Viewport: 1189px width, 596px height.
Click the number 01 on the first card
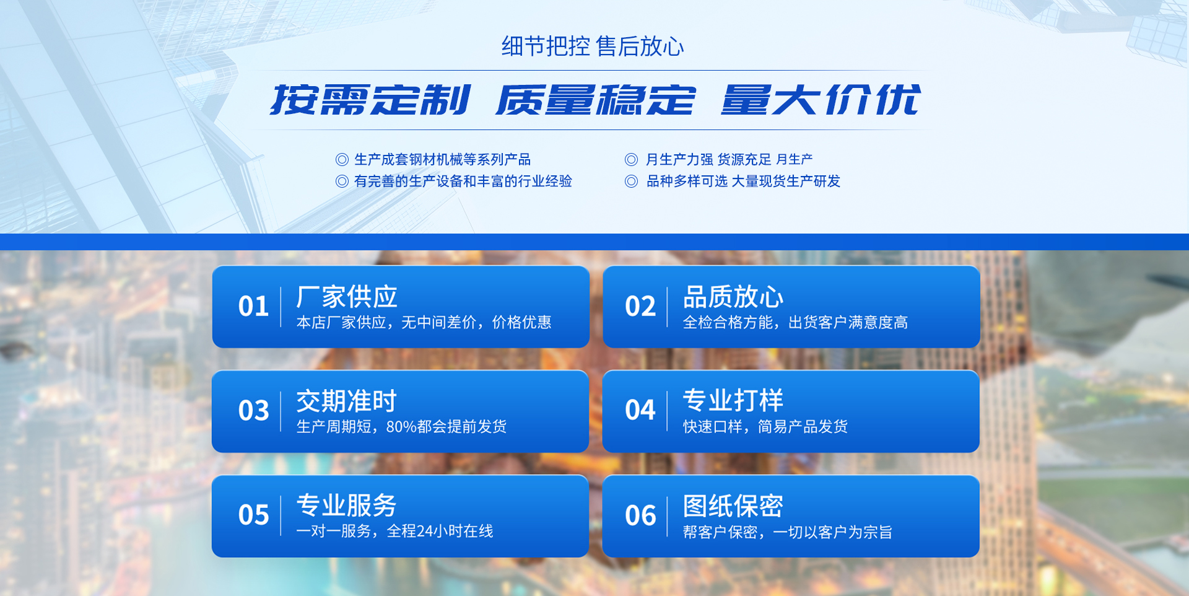coord(253,306)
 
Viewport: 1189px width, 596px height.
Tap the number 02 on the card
coord(640,306)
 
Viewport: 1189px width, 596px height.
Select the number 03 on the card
coord(253,410)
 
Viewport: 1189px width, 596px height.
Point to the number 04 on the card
coord(640,410)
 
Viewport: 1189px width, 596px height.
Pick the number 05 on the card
coord(253,515)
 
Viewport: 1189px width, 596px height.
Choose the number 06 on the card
coord(640,515)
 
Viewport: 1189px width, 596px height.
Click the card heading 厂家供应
coord(347,297)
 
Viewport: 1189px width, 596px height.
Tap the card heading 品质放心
coord(733,297)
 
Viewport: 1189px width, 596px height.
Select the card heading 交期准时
coord(347,401)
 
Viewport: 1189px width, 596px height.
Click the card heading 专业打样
coord(733,400)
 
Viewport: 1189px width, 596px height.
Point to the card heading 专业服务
coord(347,506)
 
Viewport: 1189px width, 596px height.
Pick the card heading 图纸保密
coord(733,506)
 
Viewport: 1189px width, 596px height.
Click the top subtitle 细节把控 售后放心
coord(593,46)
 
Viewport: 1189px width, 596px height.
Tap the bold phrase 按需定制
coord(370,100)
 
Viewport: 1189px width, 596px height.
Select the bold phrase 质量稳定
coord(596,100)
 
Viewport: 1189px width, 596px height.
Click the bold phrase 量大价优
coord(821,100)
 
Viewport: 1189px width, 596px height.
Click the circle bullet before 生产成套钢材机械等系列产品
coord(342,160)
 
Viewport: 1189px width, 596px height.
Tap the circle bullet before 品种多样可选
coord(631,181)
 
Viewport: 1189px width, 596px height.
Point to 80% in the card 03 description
coord(401,427)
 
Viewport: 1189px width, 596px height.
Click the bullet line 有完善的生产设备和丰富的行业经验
coord(463,181)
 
